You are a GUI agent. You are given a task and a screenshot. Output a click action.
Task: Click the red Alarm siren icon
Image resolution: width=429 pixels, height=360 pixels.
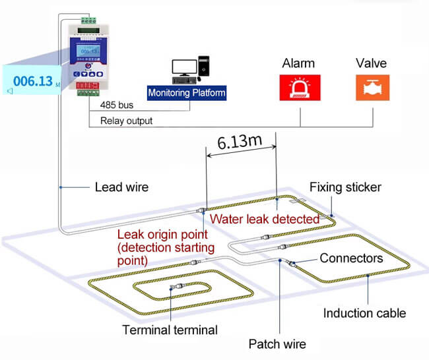pyautogui.click(x=298, y=88)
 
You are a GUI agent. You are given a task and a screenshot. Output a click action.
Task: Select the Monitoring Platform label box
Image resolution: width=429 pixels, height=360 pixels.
pyautogui.click(x=187, y=92)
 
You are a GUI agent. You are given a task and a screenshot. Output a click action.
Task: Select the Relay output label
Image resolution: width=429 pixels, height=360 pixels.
pyautogui.click(x=126, y=121)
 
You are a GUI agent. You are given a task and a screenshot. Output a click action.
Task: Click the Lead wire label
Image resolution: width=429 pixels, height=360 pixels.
pyautogui.click(x=122, y=187)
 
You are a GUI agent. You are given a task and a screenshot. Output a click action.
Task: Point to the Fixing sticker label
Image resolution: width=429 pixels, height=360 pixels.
pyautogui.click(x=345, y=187)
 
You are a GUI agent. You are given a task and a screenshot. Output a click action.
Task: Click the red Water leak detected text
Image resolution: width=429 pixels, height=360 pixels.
pyautogui.click(x=264, y=218)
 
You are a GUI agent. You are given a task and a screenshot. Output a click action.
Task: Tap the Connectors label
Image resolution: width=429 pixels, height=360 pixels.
pyautogui.click(x=351, y=258)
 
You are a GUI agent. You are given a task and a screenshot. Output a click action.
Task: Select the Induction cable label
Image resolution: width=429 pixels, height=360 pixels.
pyautogui.click(x=364, y=313)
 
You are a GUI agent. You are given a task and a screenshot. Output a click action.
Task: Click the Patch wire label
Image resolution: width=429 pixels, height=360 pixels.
pyautogui.click(x=277, y=344)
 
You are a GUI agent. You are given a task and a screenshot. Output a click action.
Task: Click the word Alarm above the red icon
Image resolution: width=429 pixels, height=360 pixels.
pyautogui.click(x=298, y=64)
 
